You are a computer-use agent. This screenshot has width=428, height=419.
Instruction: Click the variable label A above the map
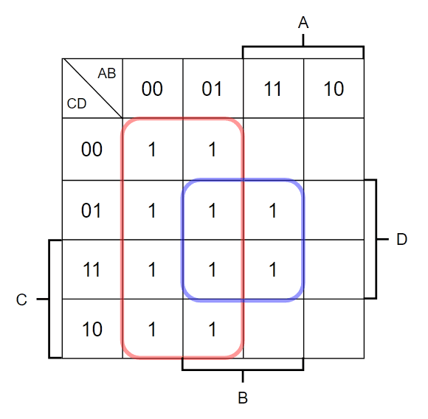(x=303, y=22)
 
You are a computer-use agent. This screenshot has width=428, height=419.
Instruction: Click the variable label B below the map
(x=243, y=398)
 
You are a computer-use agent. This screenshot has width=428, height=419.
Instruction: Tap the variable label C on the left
(x=21, y=299)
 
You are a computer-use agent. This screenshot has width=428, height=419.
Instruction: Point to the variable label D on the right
(x=401, y=239)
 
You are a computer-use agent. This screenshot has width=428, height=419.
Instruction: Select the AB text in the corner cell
(x=107, y=73)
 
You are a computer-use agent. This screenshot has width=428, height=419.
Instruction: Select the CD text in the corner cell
(x=77, y=104)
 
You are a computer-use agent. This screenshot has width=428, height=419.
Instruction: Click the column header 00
(x=152, y=89)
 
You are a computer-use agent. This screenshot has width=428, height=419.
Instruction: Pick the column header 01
(x=212, y=89)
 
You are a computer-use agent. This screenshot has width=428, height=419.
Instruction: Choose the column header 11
(x=272, y=89)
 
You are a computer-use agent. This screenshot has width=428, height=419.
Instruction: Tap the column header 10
(x=334, y=89)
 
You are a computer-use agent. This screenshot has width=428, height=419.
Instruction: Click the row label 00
(x=92, y=149)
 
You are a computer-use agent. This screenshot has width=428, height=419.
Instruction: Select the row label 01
(x=92, y=210)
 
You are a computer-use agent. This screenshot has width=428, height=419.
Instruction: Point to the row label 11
(x=92, y=269)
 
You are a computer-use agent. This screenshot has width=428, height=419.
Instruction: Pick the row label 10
(x=92, y=329)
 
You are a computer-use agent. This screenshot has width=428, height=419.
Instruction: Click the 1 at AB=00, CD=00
(x=152, y=149)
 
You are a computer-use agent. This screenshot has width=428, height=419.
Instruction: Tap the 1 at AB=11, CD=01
(x=273, y=210)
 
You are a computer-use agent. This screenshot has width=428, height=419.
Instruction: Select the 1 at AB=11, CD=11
(x=273, y=269)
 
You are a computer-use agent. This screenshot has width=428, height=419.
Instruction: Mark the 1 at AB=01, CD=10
(x=213, y=329)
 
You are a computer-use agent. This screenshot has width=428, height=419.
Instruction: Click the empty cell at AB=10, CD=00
(x=334, y=149)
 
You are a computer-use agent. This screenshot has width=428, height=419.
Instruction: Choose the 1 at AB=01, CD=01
(x=213, y=210)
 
